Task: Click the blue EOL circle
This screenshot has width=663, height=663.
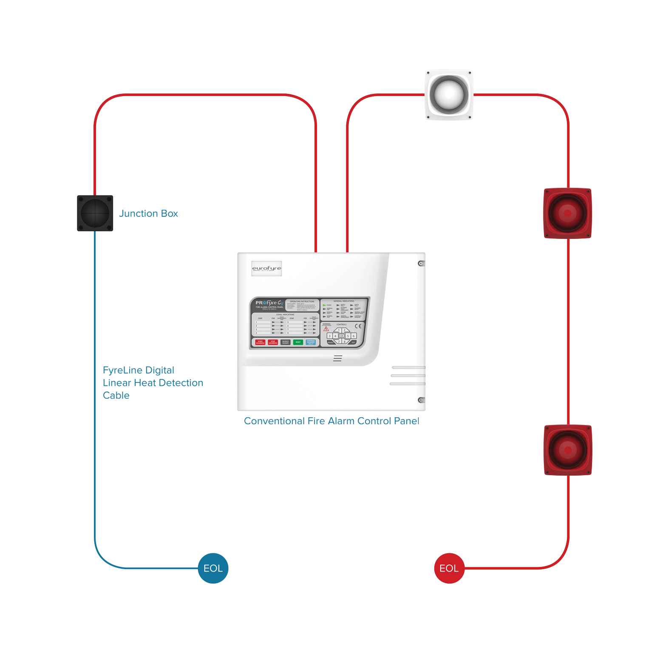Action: click(213, 568)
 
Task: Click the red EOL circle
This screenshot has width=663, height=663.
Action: click(449, 568)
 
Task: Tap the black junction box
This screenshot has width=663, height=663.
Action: click(95, 213)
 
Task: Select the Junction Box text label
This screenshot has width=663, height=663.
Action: click(148, 213)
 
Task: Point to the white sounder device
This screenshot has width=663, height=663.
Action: click(449, 95)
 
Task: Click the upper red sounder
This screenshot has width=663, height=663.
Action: click(568, 213)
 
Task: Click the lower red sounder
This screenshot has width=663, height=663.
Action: click(568, 450)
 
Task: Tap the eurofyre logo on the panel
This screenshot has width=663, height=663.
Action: click(266, 269)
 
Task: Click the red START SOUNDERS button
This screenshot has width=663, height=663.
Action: click(260, 342)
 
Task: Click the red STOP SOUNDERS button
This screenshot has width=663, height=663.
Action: click(273, 342)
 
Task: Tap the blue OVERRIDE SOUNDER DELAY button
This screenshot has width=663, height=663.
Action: click(311, 342)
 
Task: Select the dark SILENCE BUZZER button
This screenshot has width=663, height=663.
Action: click(286, 342)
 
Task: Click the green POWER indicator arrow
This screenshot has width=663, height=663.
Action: click(325, 305)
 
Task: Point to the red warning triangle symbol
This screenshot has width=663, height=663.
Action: click(326, 329)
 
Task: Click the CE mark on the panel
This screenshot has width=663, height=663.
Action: click(358, 326)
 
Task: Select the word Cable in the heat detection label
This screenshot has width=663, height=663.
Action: click(116, 395)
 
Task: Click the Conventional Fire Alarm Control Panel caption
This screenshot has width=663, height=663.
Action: click(331, 421)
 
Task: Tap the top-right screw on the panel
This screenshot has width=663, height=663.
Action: click(421, 263)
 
